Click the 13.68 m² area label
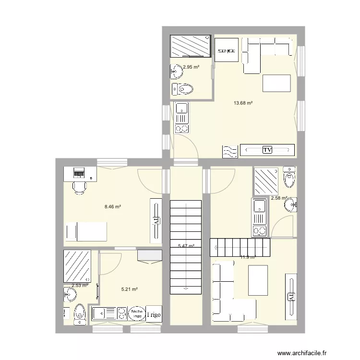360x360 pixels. coord(243,102)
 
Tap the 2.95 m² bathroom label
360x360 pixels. coord(191,67)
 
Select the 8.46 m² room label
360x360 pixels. coord(112,207)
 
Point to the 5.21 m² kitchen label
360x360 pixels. coord(130,289)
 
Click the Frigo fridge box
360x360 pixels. coord(154,314)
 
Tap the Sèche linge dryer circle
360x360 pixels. coord(137,313)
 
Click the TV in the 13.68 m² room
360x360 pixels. coord(267,150)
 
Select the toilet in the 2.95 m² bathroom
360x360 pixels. coord(183,88)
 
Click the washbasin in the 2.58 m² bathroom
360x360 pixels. coord(290,206)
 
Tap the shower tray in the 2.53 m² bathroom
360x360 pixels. coord(77,265)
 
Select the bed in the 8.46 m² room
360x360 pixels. coord(86,231)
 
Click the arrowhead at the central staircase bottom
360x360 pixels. coord(185,289)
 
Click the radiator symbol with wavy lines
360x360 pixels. coord(229,151)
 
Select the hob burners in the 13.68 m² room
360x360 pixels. coord(181,128)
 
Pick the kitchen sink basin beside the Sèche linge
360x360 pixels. coord(102,313)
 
